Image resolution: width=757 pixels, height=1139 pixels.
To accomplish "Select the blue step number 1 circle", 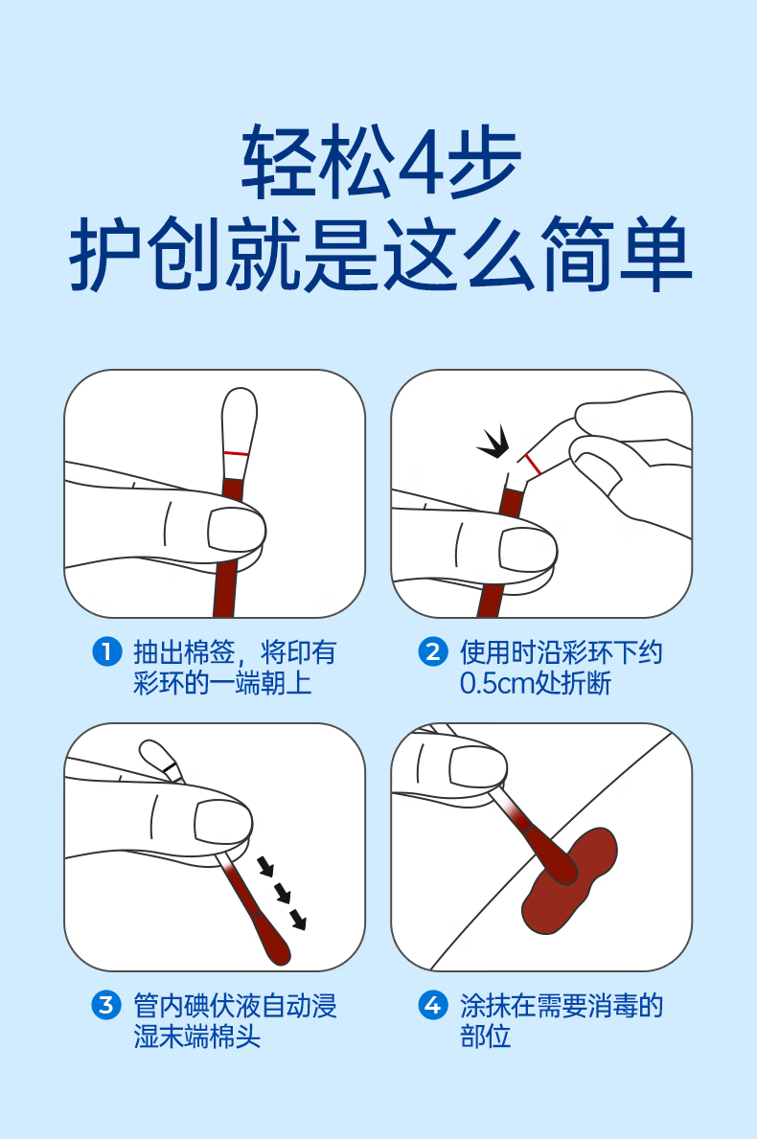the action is coord(106,651).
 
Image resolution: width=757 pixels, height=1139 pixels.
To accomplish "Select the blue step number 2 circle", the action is coord(433,651).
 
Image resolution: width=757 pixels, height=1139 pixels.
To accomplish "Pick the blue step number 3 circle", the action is coord(106,1005).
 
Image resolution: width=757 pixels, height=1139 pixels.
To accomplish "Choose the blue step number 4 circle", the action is coord(433,1005).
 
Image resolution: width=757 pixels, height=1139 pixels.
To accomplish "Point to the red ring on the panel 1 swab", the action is coord(236,453).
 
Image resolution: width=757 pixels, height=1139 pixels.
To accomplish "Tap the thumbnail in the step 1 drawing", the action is coord(234,529).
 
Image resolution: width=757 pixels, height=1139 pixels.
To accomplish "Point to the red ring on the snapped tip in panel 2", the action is coord(533,465).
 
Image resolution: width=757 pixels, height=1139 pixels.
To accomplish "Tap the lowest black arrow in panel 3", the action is coord(298,921).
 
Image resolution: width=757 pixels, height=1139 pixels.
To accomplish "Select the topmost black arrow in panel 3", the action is coord(265,866).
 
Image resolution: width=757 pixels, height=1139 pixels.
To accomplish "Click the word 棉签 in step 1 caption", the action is coord(209,651).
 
